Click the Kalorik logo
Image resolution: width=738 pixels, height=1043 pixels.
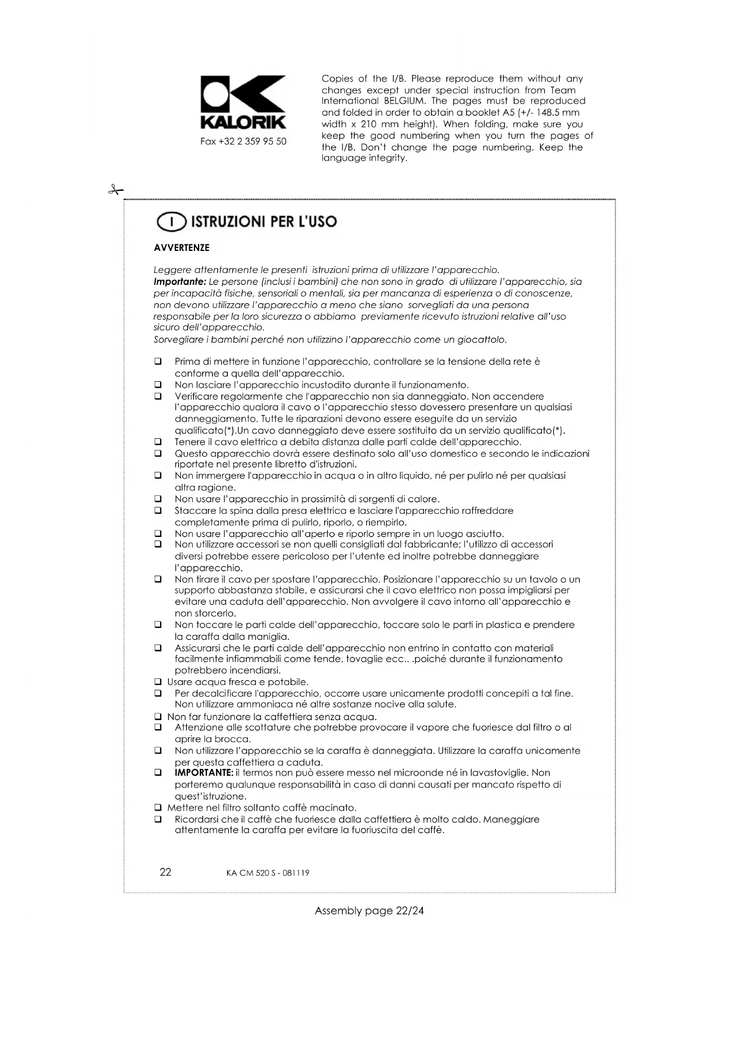click(x=243, y=102)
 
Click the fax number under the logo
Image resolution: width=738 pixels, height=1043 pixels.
click(x=243, y=142)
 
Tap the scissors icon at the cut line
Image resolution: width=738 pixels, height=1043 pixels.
click(x=115, y=190)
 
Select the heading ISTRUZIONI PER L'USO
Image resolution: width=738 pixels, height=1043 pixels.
click(x=263, y=222)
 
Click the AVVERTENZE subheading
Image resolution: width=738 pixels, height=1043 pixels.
click(x=181, y=248)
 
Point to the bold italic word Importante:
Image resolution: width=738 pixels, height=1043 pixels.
click(x=180, y=282)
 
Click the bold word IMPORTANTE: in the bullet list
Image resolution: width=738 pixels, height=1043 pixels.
click(x=204, y=773)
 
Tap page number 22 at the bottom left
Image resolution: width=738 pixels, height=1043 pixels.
click(x=165, y=872)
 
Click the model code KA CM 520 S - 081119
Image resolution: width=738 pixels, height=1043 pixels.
click(x=268, y=873)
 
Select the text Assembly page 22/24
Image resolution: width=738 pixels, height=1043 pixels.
click(x=369, y=910)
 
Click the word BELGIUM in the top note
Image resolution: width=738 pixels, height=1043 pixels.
click(x=404, y=101)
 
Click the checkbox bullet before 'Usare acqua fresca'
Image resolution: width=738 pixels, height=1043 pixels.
click(x=158, y=682)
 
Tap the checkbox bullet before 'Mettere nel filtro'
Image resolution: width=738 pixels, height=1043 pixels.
click(x=158, y=808)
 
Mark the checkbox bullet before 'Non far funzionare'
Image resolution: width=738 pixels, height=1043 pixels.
click(x=158, y=717)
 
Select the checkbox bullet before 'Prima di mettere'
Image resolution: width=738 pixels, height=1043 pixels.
click(x=158, y=362)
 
